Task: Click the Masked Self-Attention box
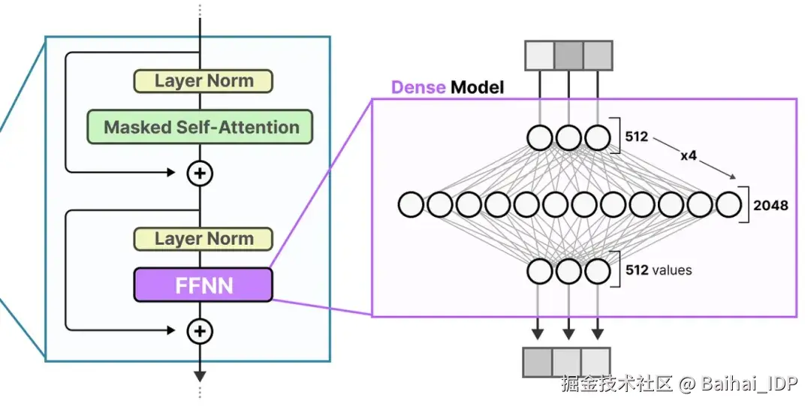[200, 127]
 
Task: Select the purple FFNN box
[203, 285]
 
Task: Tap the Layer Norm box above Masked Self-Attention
[203, 80]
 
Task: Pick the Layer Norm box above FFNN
[203, 239]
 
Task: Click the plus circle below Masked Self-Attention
[200, 173]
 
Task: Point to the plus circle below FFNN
[200, 330]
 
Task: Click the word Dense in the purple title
[418, 88]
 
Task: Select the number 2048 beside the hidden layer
[770, 204]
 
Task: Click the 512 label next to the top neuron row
[636, 137]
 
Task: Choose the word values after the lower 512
[671, 270]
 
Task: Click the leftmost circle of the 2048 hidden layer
[412, 204]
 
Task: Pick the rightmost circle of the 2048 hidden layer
[728, 204]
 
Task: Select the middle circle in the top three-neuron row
[568, 138]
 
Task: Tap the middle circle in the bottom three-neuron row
[568, 270]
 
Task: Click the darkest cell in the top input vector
[568, 56]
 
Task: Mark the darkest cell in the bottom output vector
[537, 362]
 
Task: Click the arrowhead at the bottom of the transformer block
[200, 376]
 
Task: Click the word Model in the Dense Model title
[477, 88]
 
